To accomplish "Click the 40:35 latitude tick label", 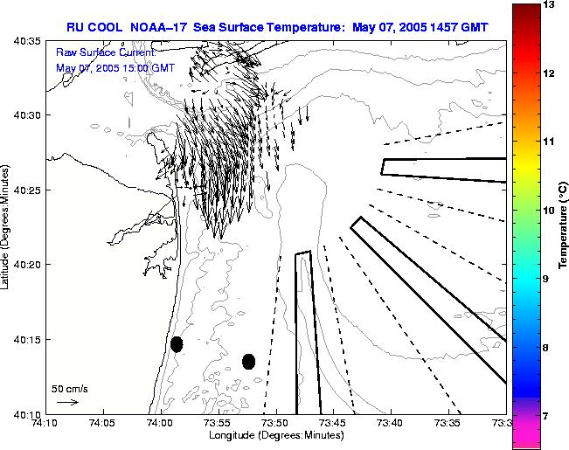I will point(28,40).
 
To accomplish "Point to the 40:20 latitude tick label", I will point(28,265).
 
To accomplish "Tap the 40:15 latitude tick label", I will point(28,339).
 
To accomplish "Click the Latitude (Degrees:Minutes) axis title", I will point(7,225).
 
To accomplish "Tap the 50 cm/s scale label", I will point(69,388).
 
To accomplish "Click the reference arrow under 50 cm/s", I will point(67,402).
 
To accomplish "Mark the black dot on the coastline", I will point(177,344).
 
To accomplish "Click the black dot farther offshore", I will point(248,361).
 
